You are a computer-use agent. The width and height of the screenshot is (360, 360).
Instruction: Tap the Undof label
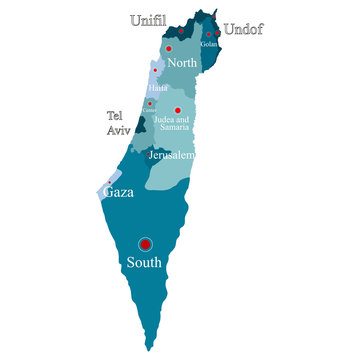[x=243, y=30]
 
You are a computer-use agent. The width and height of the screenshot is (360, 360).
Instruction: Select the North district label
[x=182, y=63]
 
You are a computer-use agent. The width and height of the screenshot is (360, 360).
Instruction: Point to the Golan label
[x=209, y=44]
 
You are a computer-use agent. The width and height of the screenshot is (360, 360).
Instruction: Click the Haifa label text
[x=157, y=88]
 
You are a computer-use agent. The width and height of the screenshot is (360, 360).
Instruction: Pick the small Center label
[x=149, y=109]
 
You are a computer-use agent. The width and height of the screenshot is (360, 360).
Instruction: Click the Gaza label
[x=120, y=190]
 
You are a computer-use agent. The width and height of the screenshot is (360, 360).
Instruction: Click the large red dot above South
[x=145, y=244]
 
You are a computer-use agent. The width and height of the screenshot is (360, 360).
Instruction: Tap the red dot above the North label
[x=169, y=48]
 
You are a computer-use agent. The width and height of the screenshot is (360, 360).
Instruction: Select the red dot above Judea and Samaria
[x=177, y=110]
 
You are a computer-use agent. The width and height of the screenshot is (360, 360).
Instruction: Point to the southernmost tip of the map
[x=150, y=349]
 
